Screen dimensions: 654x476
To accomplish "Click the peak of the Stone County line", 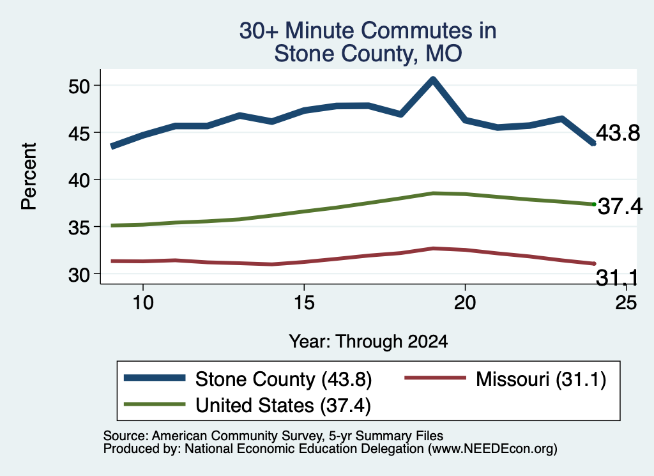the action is click(433, 79).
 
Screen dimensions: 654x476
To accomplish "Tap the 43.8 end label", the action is click(618, 133).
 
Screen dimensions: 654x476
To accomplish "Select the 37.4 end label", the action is click(620, 206).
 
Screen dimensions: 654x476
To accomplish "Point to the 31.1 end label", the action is click(617, 277).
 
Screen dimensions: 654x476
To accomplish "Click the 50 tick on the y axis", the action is click(79, 86).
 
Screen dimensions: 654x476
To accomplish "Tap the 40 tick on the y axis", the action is click(79, 180).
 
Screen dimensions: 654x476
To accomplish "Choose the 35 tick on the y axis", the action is click(79, 227).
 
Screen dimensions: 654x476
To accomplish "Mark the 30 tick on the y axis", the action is click(79, 275).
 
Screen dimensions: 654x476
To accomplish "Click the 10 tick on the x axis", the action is click(143, 302).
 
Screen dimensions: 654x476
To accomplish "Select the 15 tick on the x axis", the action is click(304, 302).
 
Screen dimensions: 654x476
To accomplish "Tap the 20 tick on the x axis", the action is click(465, 302).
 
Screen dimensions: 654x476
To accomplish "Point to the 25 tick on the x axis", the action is click(626, 302).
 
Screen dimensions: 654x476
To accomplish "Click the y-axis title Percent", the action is click(29, 176).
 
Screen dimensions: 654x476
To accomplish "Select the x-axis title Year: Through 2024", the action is click(369, 341).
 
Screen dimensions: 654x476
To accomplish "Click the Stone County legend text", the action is click(284, 380).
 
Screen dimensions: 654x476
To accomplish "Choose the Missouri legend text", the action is click(540, 380).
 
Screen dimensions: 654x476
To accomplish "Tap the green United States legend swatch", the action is click(155, 404).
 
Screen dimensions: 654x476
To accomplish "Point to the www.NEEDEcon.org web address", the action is click(492, 449).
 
